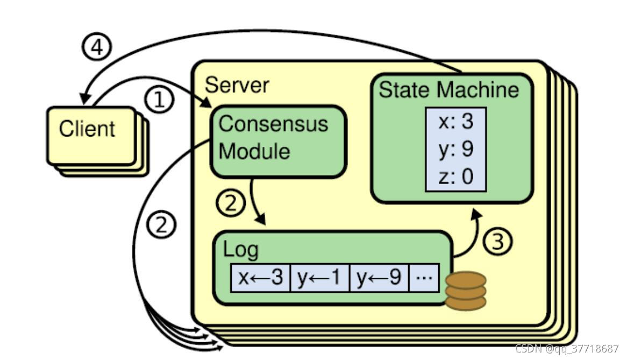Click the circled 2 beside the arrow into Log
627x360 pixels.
click(x=231, y=204)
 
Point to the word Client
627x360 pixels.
click(x=87, y=129)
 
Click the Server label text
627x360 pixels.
click(x=237, y=85)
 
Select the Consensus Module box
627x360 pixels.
click(x=277, y=141)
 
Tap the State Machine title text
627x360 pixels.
click(x=449, y=89)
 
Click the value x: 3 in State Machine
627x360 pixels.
click(x=455, y=122)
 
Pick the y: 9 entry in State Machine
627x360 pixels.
click(x=455, y=149)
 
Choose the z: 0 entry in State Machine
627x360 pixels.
click(x=455, y=176)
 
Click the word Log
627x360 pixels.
click(x=241, y=250)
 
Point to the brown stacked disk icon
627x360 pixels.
click(x=466, y=291)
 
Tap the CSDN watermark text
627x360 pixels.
click(x=567, y=348)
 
